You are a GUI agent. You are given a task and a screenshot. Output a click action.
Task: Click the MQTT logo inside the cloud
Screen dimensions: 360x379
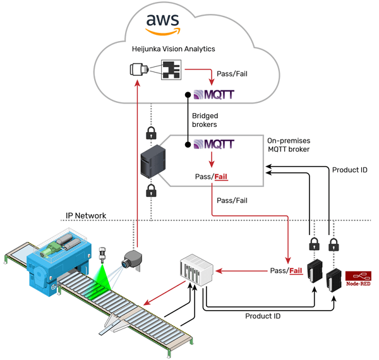click(x=213, y=96)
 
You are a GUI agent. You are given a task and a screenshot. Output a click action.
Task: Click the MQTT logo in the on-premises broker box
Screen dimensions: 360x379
click(x=213, y=145)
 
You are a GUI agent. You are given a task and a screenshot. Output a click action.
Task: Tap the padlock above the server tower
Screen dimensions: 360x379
click(x=151, y=133)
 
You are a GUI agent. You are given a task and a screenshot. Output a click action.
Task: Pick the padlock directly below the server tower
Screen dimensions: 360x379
click(x=151, y=191)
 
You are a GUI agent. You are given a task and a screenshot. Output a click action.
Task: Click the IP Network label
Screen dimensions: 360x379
click(x=86, y=215)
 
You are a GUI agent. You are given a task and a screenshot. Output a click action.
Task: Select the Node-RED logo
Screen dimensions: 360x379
click(x=358, y=279)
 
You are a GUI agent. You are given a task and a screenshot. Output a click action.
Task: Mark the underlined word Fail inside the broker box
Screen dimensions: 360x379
click(x=221, y=177)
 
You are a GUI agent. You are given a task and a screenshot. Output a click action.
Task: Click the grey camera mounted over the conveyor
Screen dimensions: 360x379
click(x=133, y=258)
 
